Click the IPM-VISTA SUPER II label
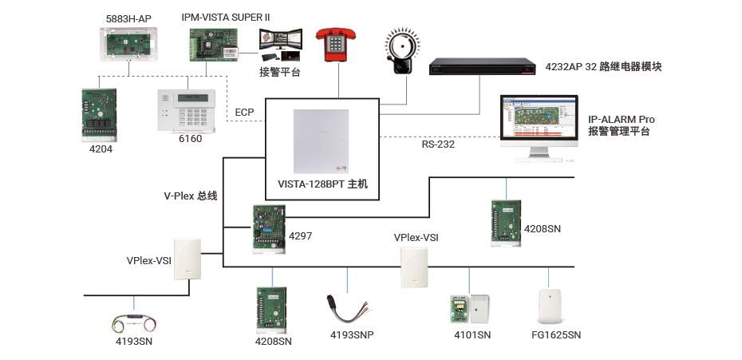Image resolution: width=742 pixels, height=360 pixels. [x=226, y=16]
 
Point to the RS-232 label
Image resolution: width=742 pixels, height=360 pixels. [x=437, y=144]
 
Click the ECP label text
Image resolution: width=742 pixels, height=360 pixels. [x=244, y=112]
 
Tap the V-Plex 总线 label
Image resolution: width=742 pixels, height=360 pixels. [x=191, y=196]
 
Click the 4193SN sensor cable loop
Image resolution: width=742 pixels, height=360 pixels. [x=135, y=322]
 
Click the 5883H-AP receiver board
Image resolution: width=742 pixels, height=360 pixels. [x=131, y=44]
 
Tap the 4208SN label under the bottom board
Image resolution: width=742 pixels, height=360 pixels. [x=273, y=341]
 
